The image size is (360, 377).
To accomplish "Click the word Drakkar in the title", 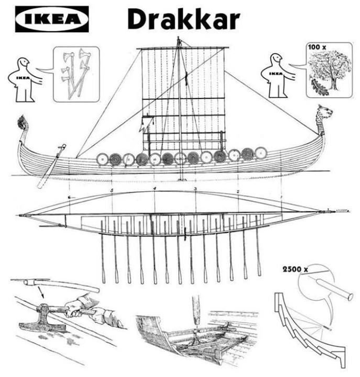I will pyautogui.click(x=183, y=19).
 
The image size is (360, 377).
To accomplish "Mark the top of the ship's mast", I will pyautogui.click(x=179, y=40).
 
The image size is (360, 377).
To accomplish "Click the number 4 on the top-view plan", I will pyautogui.click(x=155, y=188).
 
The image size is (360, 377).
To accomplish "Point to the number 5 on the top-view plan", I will pyautogui.click(x=112, y=190).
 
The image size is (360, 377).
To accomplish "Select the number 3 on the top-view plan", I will pyautogui.click(x=195, y=189).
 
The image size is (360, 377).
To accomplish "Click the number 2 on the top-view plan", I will pyautogui.click(x=238, y=192).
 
